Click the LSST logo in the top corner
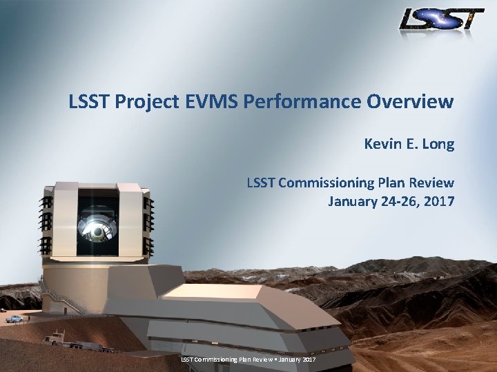point(442,19)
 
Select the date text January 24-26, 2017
point(391,201)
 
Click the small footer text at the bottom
point(248,360)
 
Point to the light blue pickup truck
point(14,318)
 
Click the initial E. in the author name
point(410,144)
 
